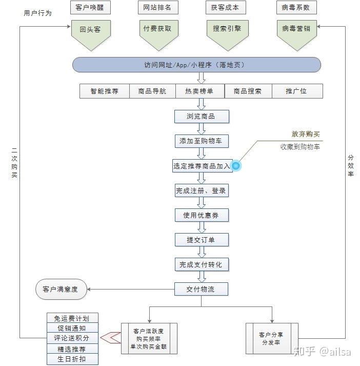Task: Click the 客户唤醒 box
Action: coord(90,8)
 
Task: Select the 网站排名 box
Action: coord(158,8)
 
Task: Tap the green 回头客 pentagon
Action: coord(90,32)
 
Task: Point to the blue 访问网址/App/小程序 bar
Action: coord(196,65)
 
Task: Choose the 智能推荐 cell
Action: coord(105,91)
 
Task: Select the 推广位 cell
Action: coord(296,91)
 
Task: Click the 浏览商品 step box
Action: coord(201,117)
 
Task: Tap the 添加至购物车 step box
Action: coord(201,141)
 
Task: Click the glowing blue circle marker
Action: coord(236,166)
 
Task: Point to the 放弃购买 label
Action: coord(306,134)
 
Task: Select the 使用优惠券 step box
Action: coord(201,215)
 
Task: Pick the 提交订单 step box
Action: coord(201,240)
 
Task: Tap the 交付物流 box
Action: coord(201,290)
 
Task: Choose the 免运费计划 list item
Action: coord(72,318)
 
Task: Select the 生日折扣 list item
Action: coord(72,359)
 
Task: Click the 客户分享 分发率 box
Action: coord(271,338)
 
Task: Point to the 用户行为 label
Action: coord(38,13)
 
